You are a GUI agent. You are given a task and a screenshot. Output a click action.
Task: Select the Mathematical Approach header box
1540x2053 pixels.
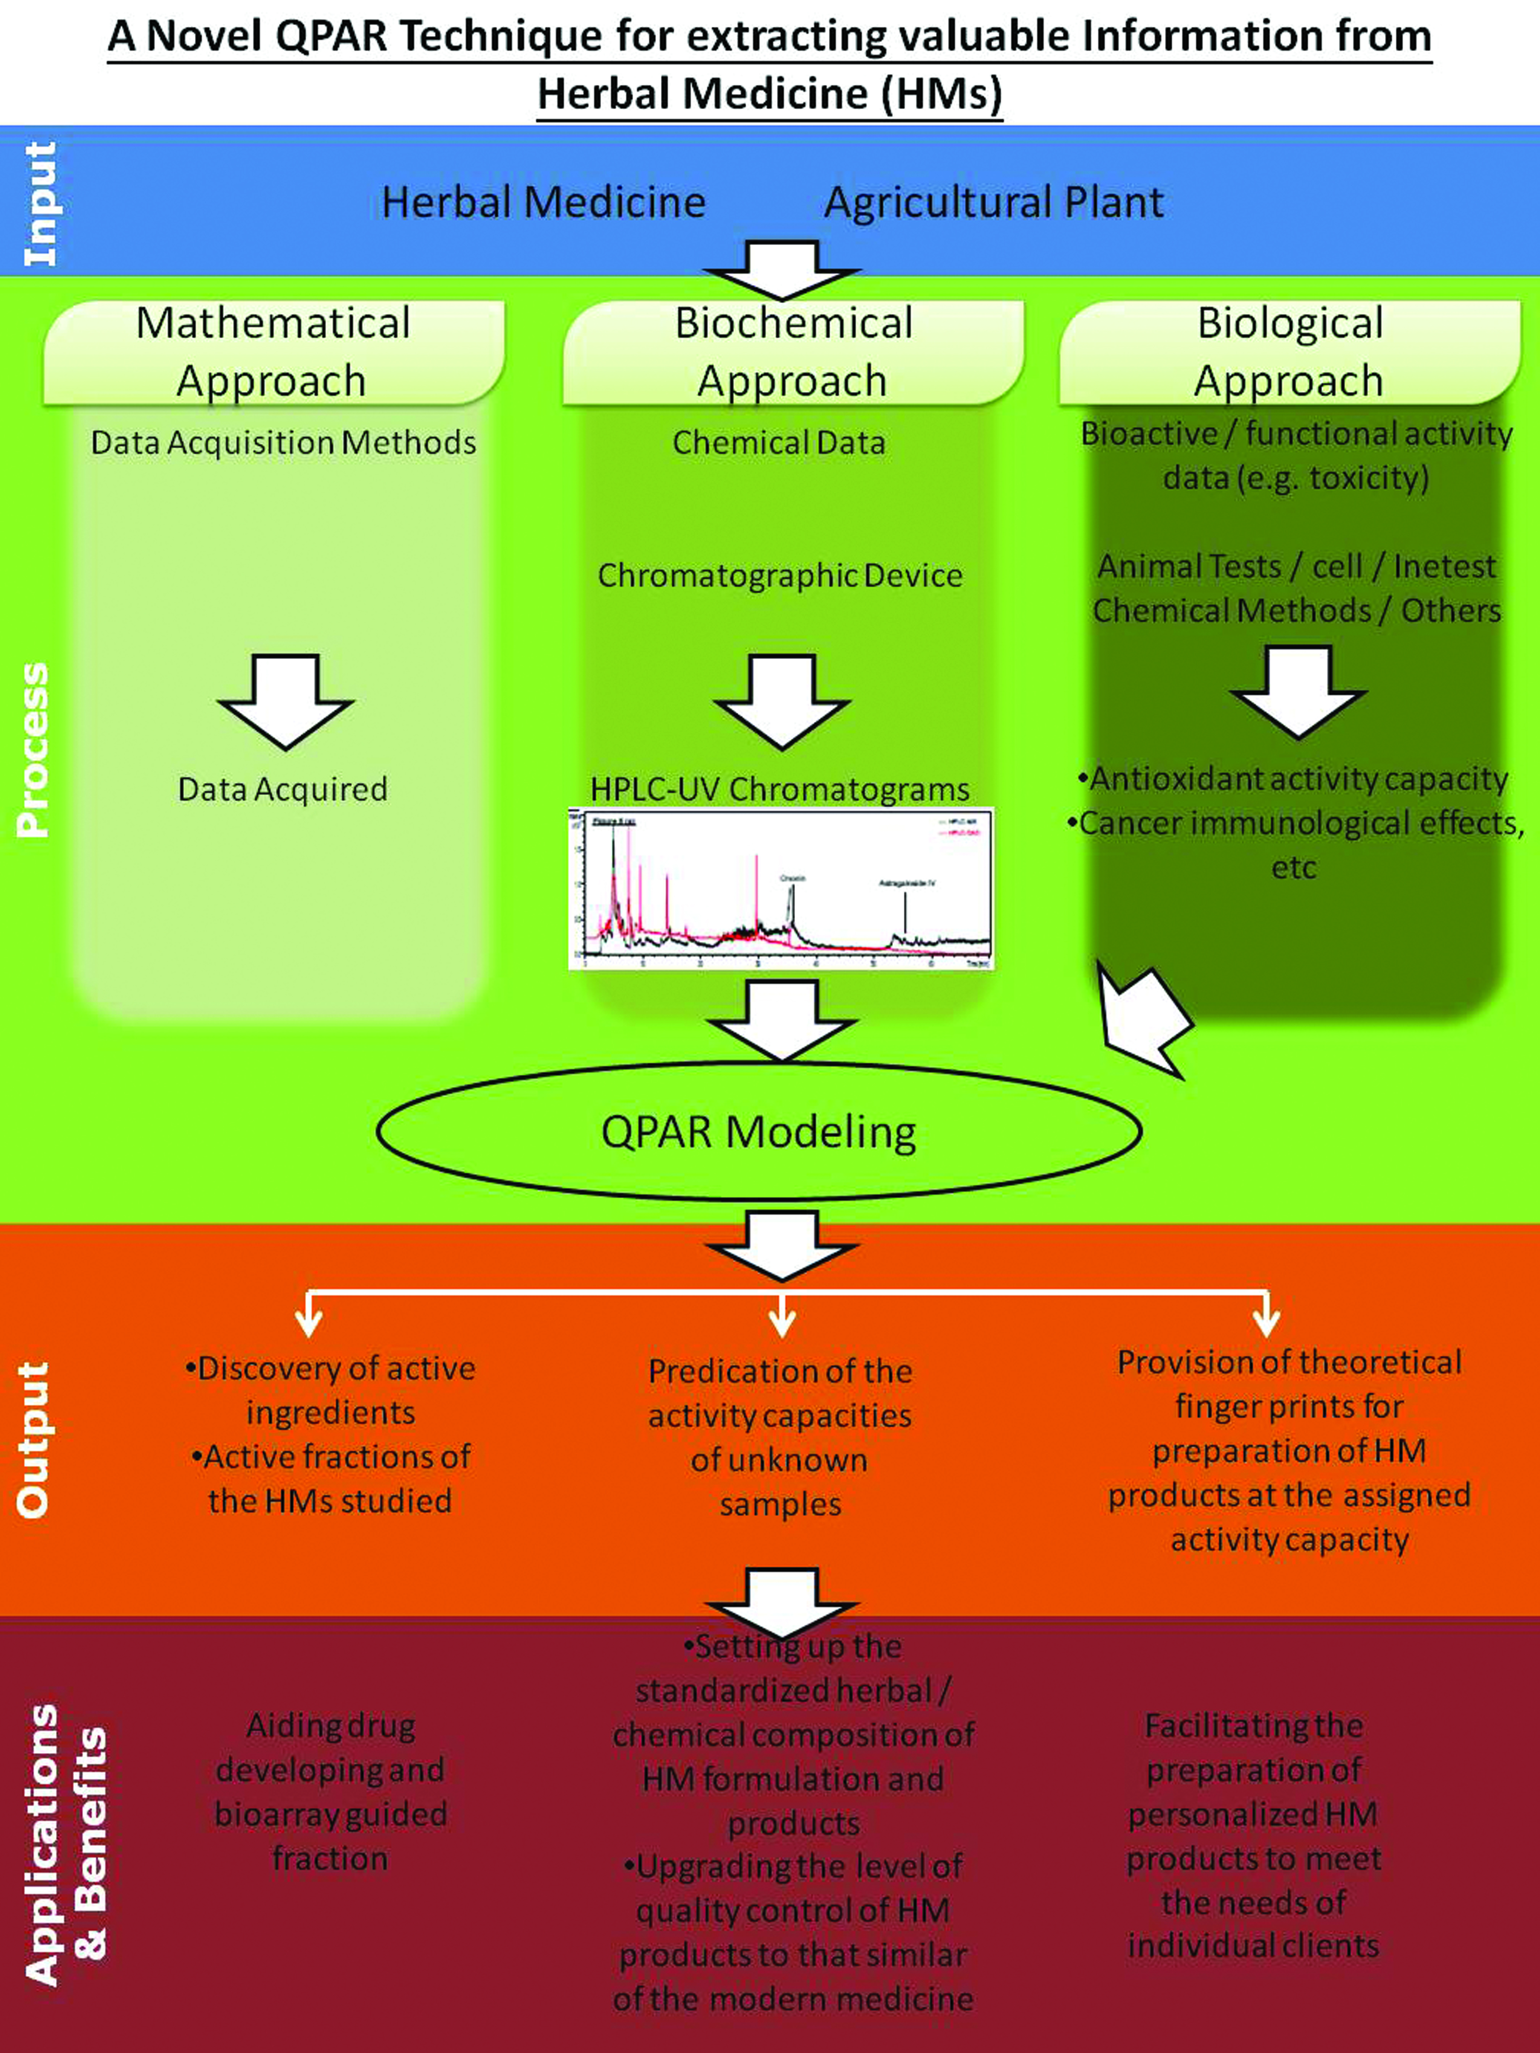point(274,353)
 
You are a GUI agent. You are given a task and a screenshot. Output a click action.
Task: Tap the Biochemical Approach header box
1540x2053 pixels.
point(793,353)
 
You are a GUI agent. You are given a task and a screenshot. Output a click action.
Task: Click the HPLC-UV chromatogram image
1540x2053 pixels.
point(780,889)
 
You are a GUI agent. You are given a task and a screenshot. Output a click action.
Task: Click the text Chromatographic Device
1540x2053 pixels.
point(780,575)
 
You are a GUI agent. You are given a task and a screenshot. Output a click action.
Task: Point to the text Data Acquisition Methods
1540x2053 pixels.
point(283,443)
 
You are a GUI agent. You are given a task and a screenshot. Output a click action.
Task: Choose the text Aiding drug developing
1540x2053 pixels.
point(330,1747)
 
